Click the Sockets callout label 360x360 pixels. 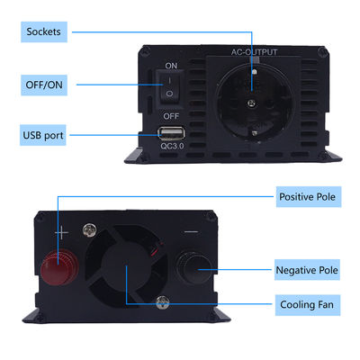(x=44, y=31)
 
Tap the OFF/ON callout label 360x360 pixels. (x=44, y=85)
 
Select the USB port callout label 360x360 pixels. (x=43, y=135)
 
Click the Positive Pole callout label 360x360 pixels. (x=309, y=197)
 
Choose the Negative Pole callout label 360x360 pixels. (x=307, y=270)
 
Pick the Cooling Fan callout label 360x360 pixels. (x=308, y=305)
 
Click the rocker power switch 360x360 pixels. (x=169, y=86)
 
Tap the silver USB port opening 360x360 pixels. (x=171, y=133)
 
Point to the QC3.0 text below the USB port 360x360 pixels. (x=172, y=146)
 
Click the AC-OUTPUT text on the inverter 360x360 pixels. (x=254, y=52)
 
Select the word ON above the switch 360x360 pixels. (x=171, y=66)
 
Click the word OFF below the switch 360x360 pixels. (x=171, y=116)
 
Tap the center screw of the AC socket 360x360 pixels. (x=251, y=103)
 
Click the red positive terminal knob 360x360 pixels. (x=59, y=267)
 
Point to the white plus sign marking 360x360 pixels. (x=61, y=233)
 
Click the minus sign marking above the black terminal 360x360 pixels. (x=191, y=231)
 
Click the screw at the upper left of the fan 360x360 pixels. (x=90, y=229)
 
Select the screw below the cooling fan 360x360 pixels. (x=162, y=302)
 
